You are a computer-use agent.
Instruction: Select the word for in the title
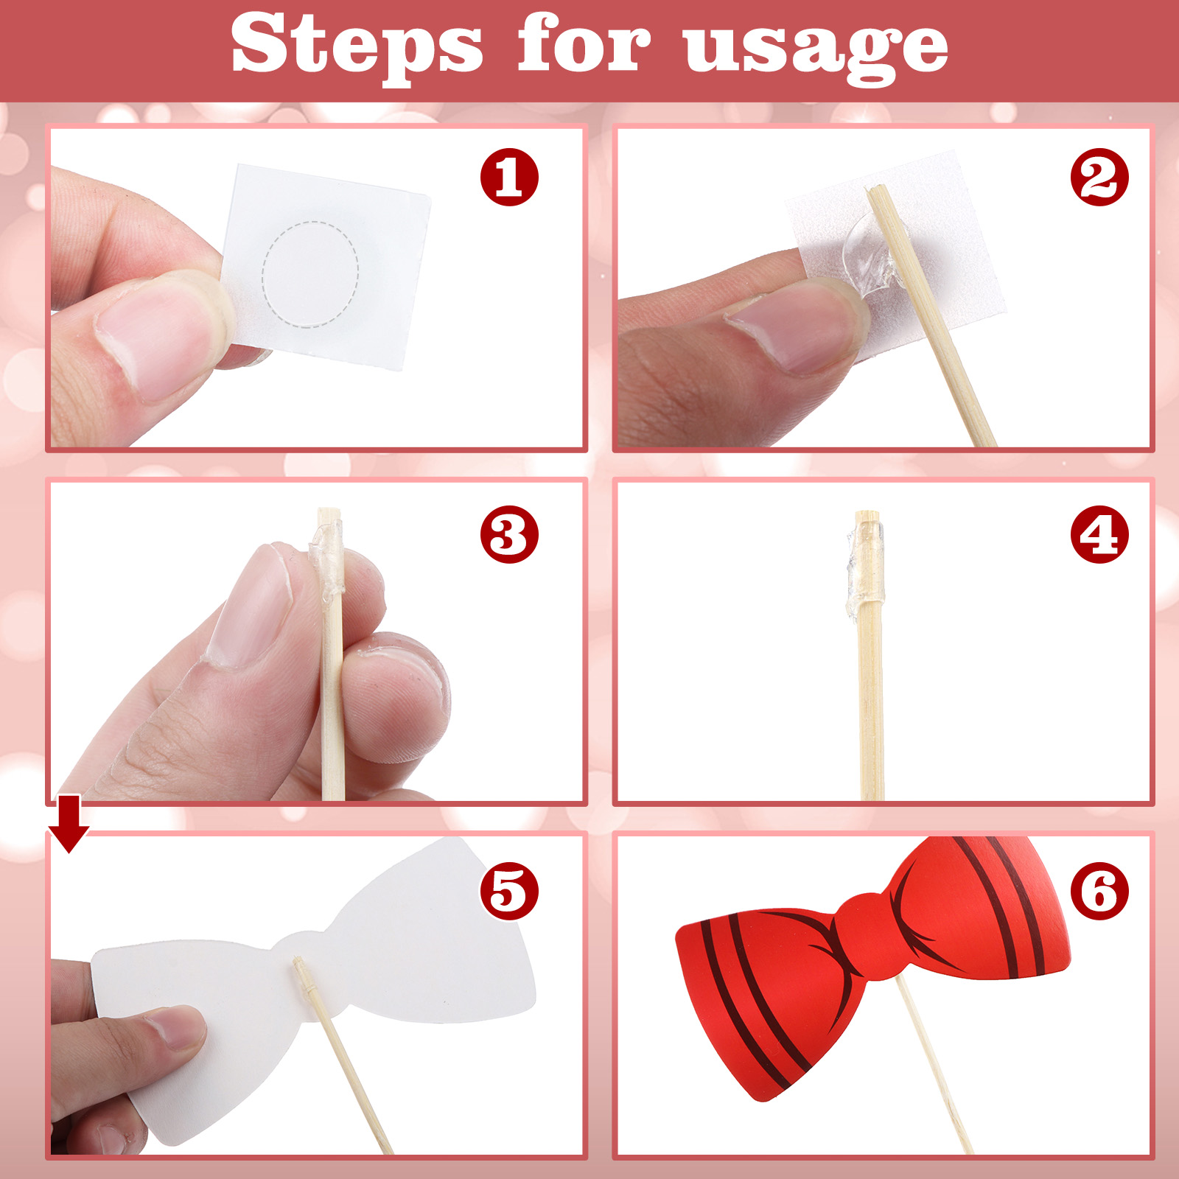tap(584, 43)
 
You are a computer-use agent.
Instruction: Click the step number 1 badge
tap(509, 177)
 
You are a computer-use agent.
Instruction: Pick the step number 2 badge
tap(1099, 177)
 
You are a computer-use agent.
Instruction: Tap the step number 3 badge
tap(509, 534)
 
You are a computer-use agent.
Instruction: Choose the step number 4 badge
tap(1099, 534)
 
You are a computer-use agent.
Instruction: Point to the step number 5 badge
tap(509, 891)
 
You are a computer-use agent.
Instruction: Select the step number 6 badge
tap(1099, 891)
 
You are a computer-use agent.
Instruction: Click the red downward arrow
tap(69, 823)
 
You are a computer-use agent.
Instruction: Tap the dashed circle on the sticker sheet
tap(310, 273)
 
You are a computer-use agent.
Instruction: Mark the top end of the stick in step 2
tap(874, 189)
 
